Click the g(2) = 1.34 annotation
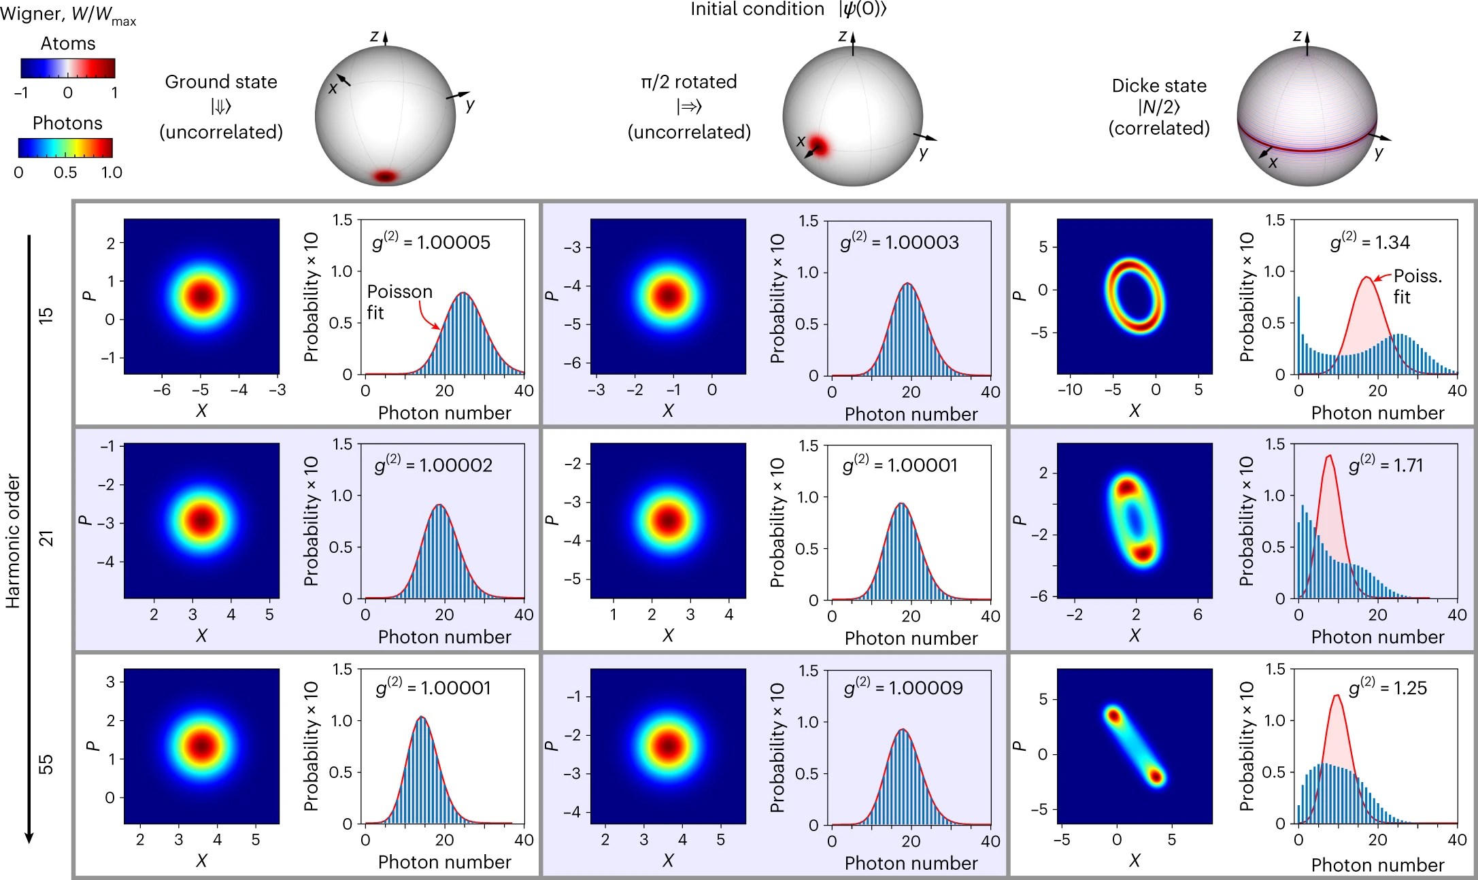1369,242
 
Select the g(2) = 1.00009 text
903,688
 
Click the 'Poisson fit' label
399,302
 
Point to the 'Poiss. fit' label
1417,286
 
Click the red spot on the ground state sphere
386,177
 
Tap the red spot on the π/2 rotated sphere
818,146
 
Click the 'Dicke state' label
1159,86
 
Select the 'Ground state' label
221,82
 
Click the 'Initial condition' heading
757,10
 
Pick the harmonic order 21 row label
46,539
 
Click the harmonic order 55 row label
46,764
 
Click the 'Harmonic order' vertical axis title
14,541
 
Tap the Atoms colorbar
67,69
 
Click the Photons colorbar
65,148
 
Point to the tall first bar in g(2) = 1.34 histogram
1298,335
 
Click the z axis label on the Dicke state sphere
1297,36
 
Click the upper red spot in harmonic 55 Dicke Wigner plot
1113,715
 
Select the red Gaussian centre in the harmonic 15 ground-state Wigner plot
202,296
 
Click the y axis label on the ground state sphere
470,105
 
